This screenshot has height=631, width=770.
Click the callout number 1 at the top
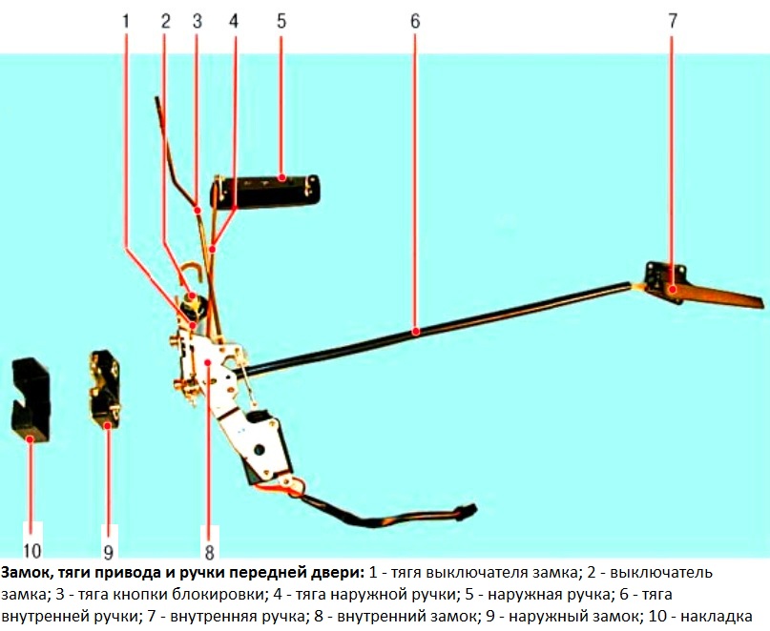pyautogui.click(x=126, y=21)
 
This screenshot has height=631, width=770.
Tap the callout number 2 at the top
pyautogui.click(x=165, y=21)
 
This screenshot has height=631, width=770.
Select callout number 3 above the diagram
pyautogui.click(x=197, y=21)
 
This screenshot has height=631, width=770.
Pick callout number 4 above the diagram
pyautogui.click(x=235, y=21)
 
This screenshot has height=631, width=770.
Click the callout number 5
pyautogui.click(x=281, y=21)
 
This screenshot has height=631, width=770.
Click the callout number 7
pyautogui.click(x=672, y=21)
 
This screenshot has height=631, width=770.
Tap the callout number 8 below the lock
pyautogui.click(x=208, y=550)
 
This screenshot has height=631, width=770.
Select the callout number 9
pyautogui.click(x=108, y=550)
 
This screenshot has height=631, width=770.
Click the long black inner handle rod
pyautogui.click(x=429, y=330)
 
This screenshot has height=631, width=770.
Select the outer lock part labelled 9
pyautogui.click(x=107, y=391)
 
